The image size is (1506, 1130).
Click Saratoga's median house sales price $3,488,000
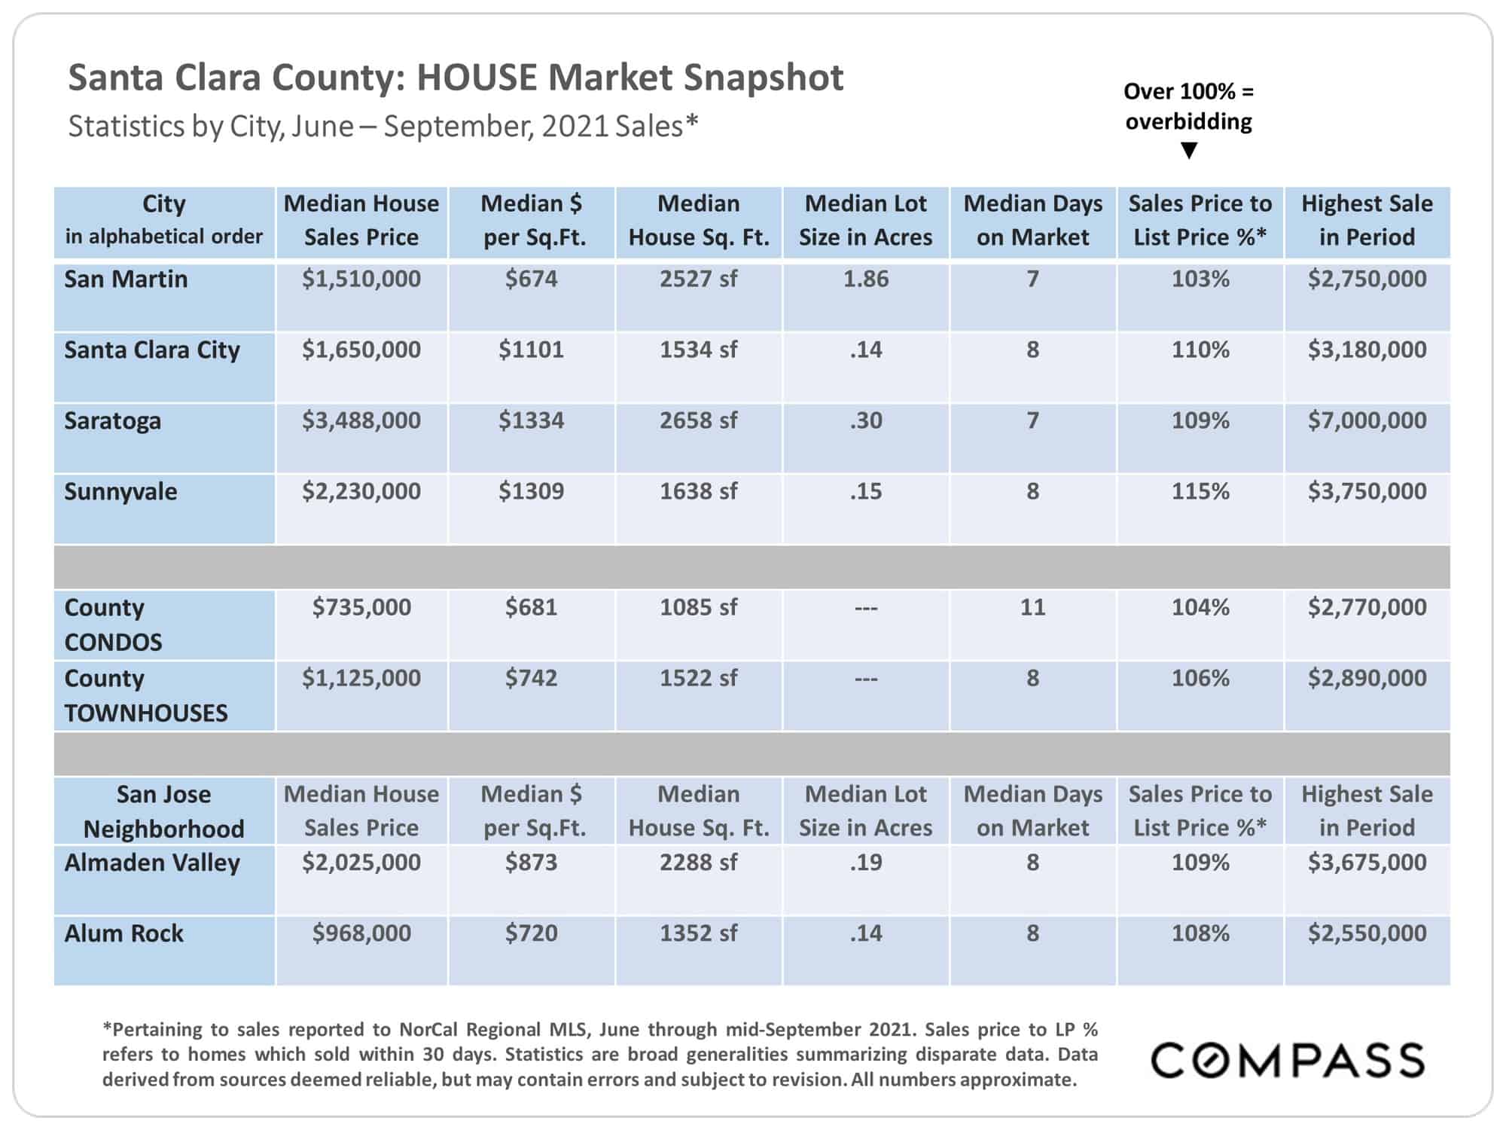tap(361, 420)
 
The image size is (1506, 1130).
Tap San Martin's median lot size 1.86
tap(866, 279)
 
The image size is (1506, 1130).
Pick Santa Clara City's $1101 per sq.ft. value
tap(531, 350)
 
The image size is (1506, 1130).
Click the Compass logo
tap(1288, 1061)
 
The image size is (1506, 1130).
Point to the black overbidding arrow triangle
tap(1189, 151)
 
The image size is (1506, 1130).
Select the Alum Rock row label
tap(123, 933)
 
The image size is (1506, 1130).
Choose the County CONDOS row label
tap(113, 625)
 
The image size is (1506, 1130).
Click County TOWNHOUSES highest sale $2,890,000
tap(1367, 678)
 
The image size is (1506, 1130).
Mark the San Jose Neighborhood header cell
tap(163, 811)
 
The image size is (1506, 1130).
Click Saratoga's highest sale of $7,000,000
tap(1367, 420)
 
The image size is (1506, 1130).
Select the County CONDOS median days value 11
tap(1032, 607)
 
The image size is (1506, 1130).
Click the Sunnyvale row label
tap(120, 492)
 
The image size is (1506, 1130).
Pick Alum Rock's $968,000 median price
tap(361, 933)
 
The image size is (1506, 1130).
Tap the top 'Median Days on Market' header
tap(1032, 220)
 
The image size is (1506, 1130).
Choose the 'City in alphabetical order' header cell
tap(163, 220)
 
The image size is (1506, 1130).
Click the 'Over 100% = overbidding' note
tap(1189, 106)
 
